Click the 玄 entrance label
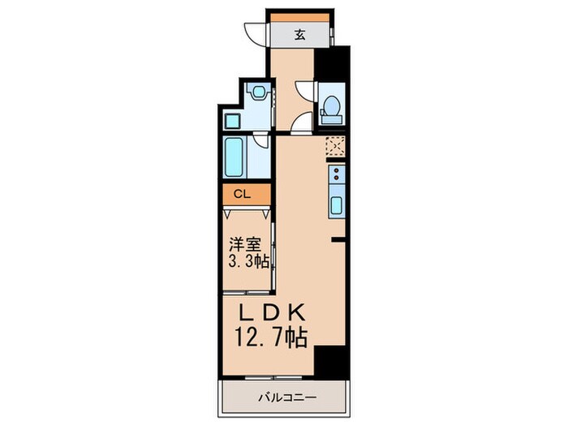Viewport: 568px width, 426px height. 299,35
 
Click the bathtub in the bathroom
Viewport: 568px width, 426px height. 236,158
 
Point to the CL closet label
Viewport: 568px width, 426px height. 242,195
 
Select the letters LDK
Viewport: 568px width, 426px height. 271,312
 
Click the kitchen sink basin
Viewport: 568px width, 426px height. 336,203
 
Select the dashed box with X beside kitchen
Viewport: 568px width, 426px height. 335,146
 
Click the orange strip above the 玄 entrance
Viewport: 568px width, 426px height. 299,17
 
